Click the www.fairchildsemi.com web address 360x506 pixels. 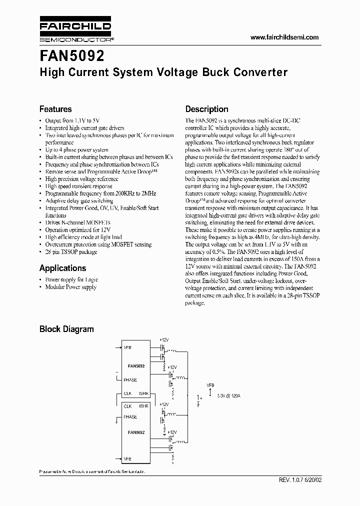point(284,37)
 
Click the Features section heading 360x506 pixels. point(55,109)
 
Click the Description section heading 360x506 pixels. point(206,109)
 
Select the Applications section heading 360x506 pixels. point(62,268)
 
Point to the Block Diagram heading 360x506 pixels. point(66,329)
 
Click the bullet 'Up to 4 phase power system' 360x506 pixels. point(76,150)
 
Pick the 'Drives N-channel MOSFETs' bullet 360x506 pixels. point(77,222)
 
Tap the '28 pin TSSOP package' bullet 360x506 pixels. point(71,252)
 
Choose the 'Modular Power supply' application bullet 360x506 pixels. point(70,287)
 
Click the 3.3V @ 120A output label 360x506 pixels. point(228,396)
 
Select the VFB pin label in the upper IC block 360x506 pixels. point(127,347)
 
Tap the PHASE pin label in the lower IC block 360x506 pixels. point(130,417)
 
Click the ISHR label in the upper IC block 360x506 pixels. point(143,394)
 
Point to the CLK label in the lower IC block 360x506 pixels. point(127,406)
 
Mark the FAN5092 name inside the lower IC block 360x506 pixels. point(136,432)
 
